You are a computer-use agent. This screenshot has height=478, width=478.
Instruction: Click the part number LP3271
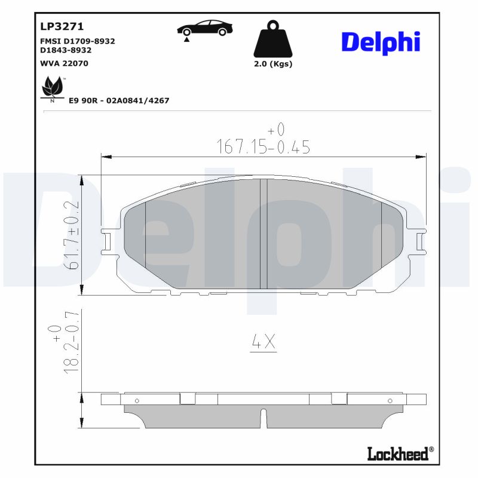pos(62,26)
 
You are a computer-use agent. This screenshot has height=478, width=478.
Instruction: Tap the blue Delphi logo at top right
pos(380,42)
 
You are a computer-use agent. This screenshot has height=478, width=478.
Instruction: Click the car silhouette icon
pos(205,28)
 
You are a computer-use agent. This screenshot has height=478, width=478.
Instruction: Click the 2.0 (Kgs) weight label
pos(273,64)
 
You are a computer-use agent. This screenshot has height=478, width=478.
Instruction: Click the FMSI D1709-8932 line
pos(77,41)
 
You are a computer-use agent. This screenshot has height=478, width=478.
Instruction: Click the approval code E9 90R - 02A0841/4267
pos(119,100)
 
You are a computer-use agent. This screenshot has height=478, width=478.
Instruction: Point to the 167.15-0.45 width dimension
pos(263,147)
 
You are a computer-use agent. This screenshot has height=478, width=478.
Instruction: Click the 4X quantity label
pos(263,342)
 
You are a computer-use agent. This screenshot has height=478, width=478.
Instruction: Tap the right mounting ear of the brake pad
pos(420,240)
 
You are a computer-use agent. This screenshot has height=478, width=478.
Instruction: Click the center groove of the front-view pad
pos(263,233)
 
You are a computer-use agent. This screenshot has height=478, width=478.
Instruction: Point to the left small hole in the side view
pos(137,400)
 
